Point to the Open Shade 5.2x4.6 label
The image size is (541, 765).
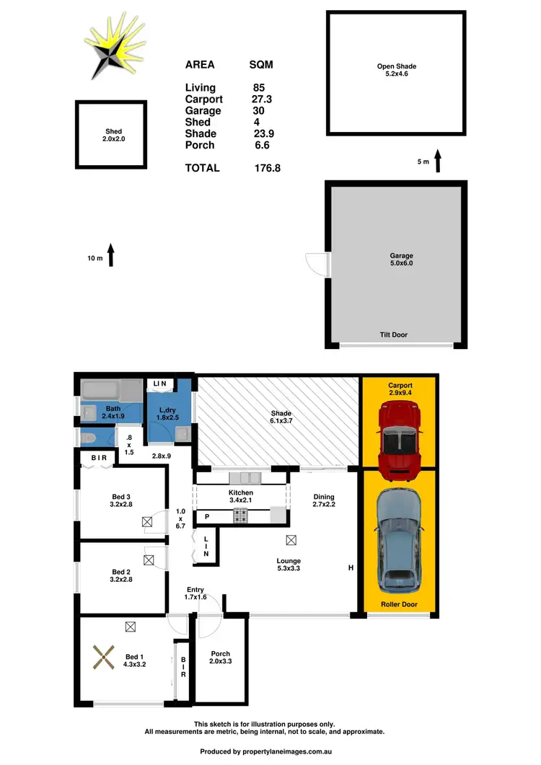pos(397,71)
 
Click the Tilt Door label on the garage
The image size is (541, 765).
pos(393,335)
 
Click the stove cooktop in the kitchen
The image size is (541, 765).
pos(239,516)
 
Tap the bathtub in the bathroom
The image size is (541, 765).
pos(111,392)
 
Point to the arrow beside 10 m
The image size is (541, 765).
pos(111,256)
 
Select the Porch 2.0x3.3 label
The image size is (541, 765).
pos(220,658)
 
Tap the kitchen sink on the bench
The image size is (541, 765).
pos(246,477)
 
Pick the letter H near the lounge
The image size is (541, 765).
pos(351,568)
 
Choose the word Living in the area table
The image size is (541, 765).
pos(200,88)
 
